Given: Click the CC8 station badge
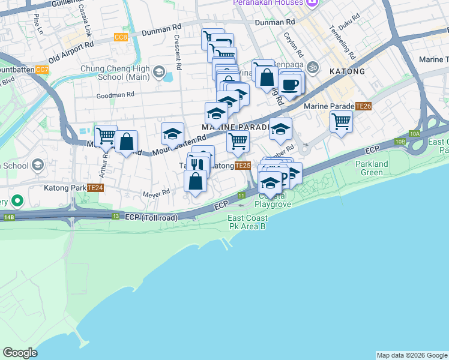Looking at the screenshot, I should click(x=121, y=37).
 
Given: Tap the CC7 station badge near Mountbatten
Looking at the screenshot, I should click(x=41, y=70).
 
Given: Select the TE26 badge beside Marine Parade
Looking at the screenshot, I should click(x=363, y=106).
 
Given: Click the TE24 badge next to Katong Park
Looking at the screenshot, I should click(x=95, y=188).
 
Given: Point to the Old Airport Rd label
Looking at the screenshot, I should click(x=71, y=52).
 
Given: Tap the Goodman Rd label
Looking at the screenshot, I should click(x=114, y=94).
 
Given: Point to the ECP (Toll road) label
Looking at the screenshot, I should click(x=152, y=217).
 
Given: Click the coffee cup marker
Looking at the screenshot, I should click(x=291, y=84).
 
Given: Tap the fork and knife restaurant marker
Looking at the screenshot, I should click(x=198, y=164).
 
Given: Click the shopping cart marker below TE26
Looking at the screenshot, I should click(x=341, y=121).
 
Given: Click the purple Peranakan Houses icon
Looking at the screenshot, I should click(x=311, y=4).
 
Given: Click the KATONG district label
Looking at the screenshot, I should click(x=346, y=71).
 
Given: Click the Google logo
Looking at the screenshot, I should click(x=20, y=353).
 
